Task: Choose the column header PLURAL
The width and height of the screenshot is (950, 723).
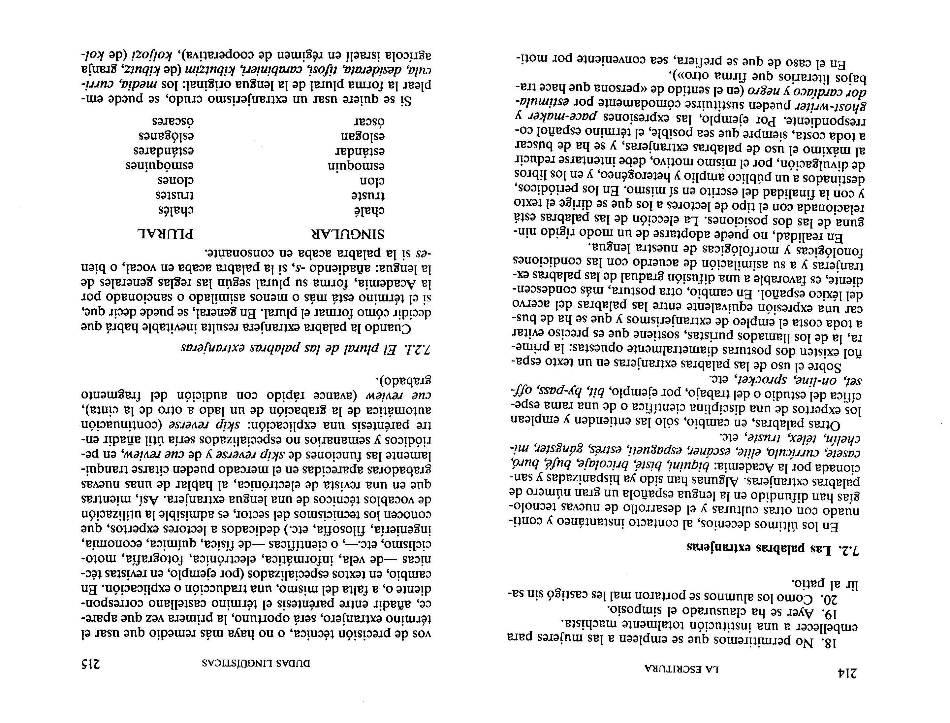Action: click(165, 234)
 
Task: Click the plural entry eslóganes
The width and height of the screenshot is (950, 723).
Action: click(166, 136)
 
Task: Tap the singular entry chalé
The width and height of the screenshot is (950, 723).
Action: click(369, 210)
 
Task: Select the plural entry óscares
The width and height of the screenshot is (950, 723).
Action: click(173, 121)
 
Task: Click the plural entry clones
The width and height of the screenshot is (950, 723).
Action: click(175, 180)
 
